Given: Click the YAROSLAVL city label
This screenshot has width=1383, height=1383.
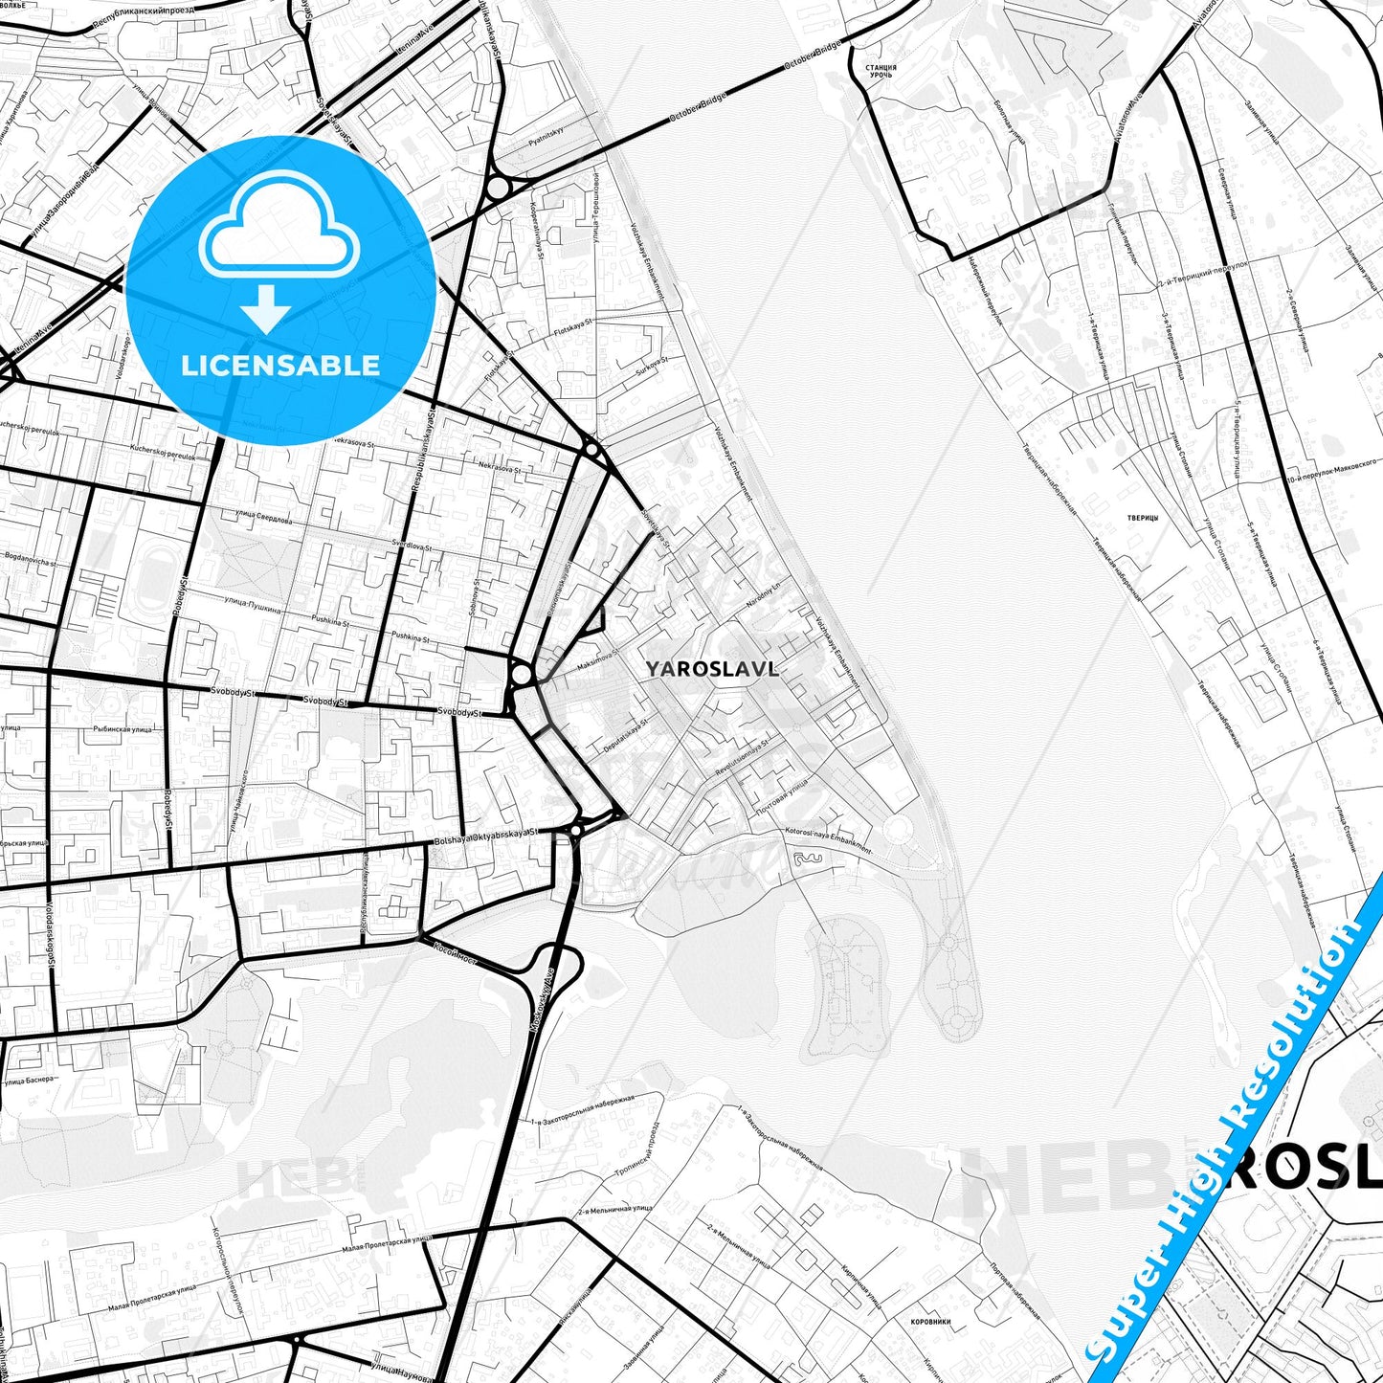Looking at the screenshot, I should coord(711,669).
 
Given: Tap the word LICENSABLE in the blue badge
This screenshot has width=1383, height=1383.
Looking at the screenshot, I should coord(280,366).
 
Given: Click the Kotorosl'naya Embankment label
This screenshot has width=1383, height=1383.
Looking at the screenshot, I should coord(828,839).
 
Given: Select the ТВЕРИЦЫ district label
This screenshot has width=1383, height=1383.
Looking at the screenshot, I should coord(1143,518).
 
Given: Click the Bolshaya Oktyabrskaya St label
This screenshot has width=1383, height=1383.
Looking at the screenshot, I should coord(486,836).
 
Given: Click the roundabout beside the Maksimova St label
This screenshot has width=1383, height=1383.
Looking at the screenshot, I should coord(522,676).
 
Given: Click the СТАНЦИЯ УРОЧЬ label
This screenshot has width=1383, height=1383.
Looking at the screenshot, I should coord(881,71).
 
